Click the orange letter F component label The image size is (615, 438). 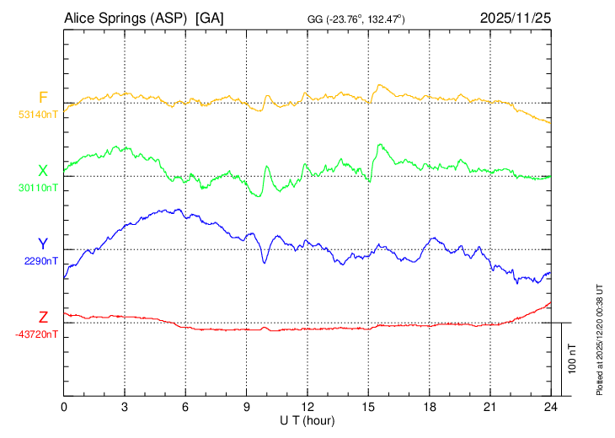point(43,97)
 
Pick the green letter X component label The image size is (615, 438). point(43,171)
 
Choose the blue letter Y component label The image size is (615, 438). point(43,244)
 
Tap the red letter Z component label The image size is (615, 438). point(43,317)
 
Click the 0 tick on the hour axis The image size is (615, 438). point(64,406)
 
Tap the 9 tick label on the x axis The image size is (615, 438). point(247,406)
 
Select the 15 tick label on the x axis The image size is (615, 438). point(368,406)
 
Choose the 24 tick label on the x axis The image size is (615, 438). point(551,406)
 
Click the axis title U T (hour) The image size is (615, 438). point(307,419)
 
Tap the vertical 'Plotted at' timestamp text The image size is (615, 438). point(600,338)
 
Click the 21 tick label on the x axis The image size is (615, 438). point(490,406)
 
